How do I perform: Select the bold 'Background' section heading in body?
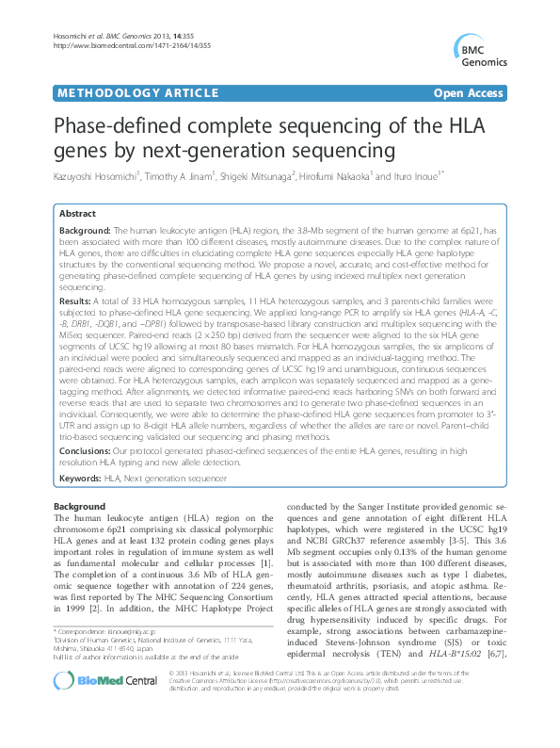[79, 506]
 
